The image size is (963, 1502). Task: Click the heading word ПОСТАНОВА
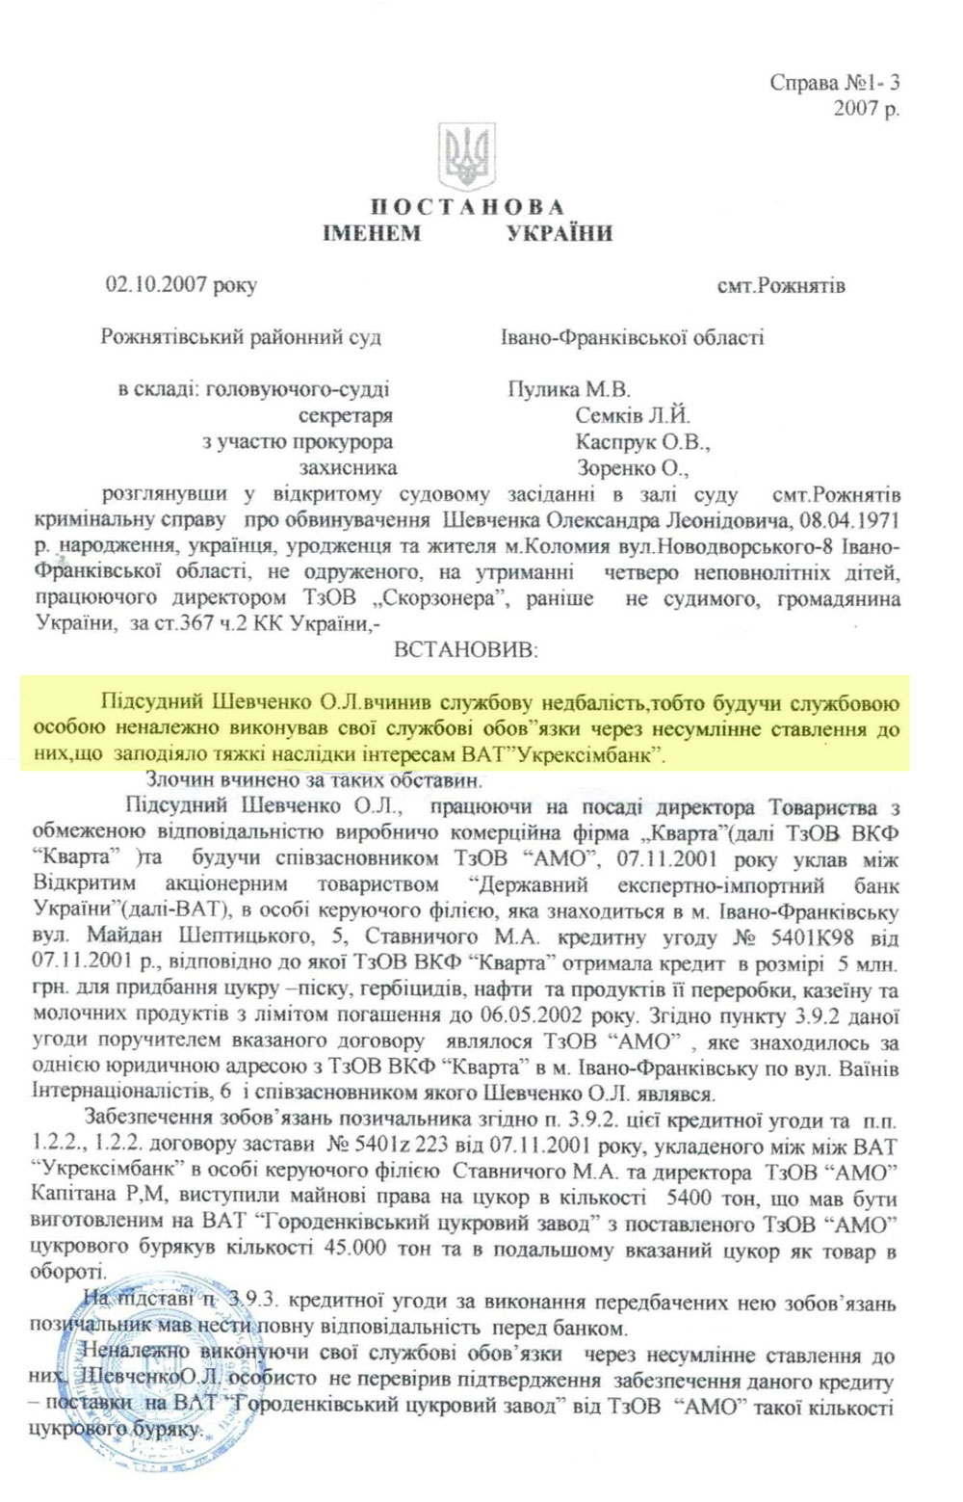(468, 207)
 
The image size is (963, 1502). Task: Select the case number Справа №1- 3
(835, 83)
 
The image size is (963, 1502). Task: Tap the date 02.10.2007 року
(182, 285)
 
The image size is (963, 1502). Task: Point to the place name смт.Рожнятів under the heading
(781, 286)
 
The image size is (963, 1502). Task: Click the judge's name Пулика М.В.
(568, 389)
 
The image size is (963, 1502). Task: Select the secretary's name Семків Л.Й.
(633, 416)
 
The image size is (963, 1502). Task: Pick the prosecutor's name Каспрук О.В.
(643, 442)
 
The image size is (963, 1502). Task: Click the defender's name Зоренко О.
(633, 468)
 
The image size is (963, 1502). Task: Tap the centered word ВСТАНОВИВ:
(467, 650)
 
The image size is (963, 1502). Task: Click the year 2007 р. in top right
(867, 108)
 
